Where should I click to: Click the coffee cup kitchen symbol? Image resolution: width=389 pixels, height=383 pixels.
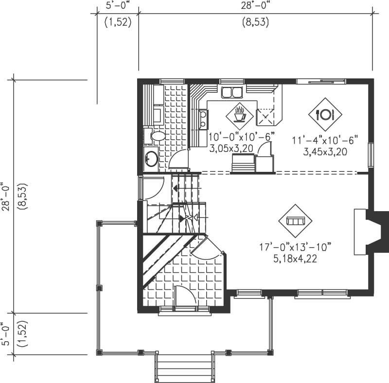[239, 115]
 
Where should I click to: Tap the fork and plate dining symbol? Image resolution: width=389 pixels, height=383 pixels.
[325, 115]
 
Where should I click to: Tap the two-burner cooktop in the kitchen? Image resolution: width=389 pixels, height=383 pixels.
[203, 120]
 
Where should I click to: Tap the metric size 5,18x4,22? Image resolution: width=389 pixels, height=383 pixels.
[295, 258]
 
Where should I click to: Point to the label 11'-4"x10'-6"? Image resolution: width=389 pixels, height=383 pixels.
[325, 140]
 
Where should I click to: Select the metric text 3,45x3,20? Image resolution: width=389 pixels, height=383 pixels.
[325, 152]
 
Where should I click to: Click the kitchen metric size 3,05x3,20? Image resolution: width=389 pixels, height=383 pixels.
[231, 149]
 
